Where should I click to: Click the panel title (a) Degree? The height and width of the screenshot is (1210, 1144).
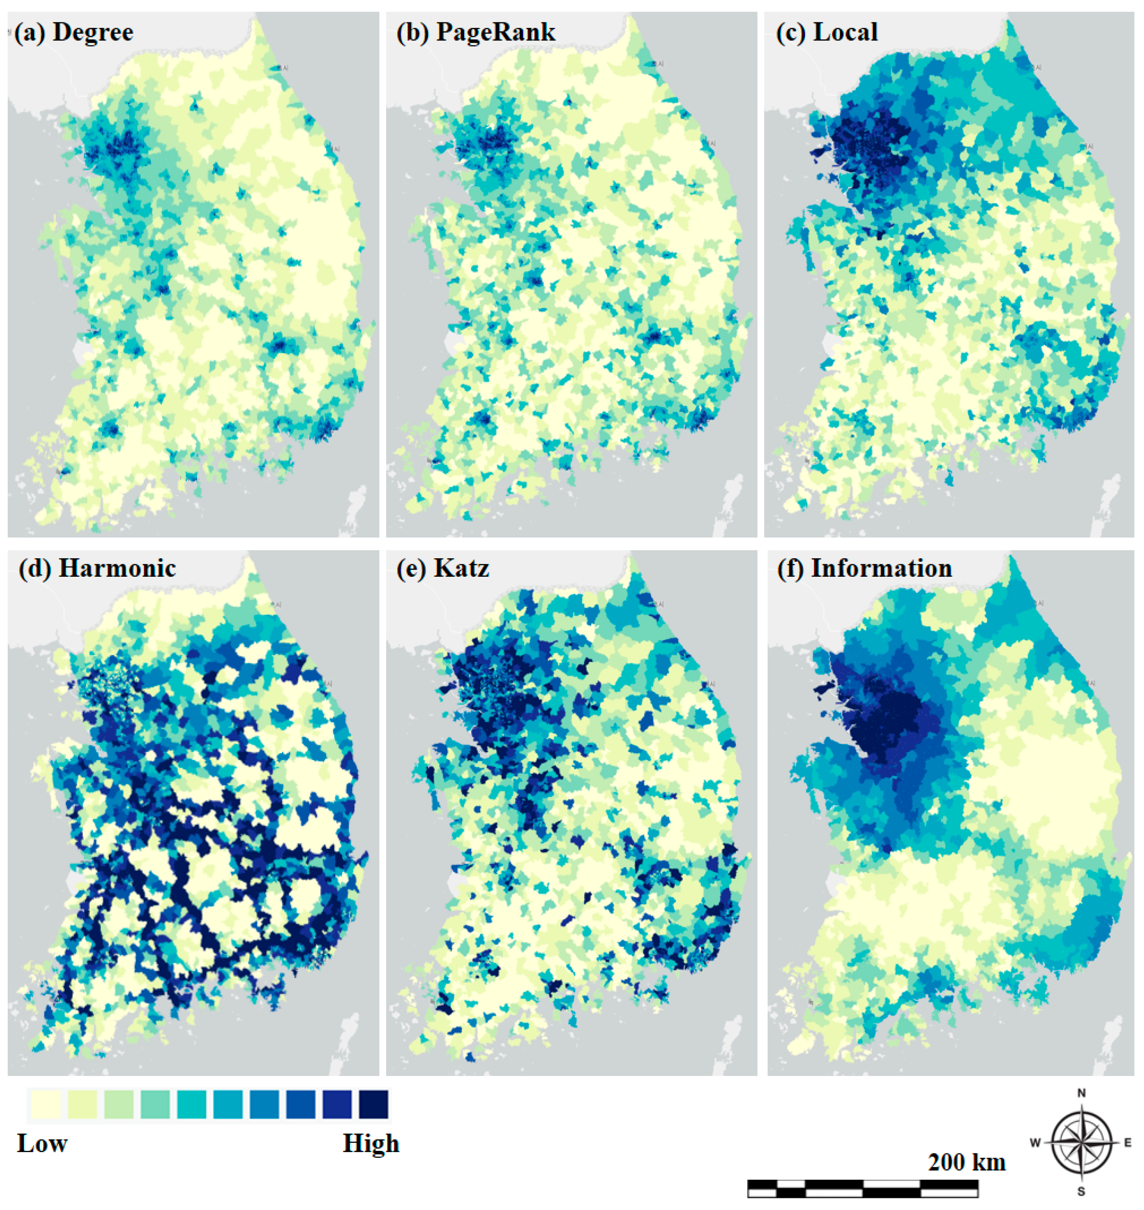(74, 32)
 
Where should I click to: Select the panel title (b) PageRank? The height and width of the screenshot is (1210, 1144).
(476, 32)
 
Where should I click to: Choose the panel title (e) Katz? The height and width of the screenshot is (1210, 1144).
(443, 568)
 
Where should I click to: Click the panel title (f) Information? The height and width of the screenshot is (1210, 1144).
(864, 568)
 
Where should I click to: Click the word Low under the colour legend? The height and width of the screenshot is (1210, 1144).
(42, 1144)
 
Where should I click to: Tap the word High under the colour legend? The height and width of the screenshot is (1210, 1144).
(371, 1144)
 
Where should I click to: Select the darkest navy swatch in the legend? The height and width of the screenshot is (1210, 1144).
(373, 1105)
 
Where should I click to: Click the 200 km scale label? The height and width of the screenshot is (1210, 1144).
(967, 1162)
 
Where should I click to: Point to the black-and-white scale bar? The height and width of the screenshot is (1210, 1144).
(863, 1189)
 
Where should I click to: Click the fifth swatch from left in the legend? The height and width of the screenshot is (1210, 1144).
(192, 1105)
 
